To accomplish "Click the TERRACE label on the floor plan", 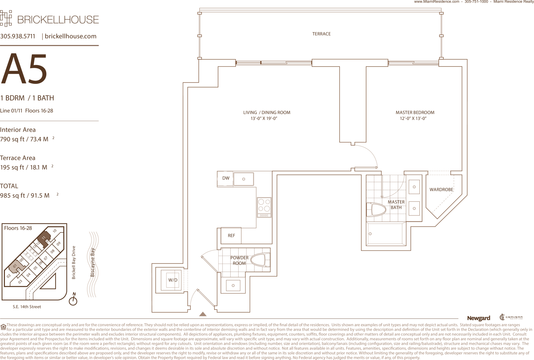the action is (x=321, y=34).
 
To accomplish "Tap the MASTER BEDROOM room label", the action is (x=415, y=112).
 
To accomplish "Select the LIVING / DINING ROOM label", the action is (x=267, y=112).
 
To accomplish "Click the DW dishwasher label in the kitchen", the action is (x=226, y=178).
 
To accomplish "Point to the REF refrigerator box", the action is (x=231, y=235).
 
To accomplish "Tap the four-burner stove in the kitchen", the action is (x=264, y=207).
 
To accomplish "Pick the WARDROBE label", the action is (x=441, y=190).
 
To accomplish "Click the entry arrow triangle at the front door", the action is (x=203, y=314).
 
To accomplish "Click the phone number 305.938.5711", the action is (x=18, y=36).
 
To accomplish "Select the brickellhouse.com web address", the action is (x=71, y=36).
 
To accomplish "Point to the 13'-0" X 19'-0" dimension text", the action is (x=264, y=119).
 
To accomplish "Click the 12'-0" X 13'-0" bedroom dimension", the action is (x=413, y=119).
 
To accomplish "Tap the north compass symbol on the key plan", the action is (x=73, y=299).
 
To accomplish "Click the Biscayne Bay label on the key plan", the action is (x=92, y=263).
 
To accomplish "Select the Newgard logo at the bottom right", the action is (x=479, y=318).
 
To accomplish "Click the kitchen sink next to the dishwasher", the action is (x=244, y=179).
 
